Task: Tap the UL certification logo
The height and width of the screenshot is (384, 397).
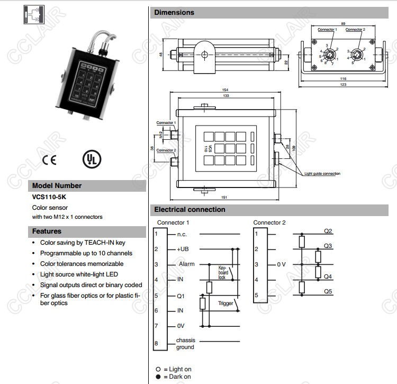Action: click(x=91, y=159)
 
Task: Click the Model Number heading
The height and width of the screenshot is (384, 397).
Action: click(x=57, y=186)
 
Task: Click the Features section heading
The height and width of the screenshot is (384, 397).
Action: click(x=47, y=231)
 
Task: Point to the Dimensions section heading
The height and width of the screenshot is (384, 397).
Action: click(x=174, y=12)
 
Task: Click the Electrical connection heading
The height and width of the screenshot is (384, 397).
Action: click(x=190, y=209)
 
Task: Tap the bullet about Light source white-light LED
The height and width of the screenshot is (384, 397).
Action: click(x=79, y=274)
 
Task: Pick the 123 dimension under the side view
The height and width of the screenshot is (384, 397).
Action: click(x=344, y=84)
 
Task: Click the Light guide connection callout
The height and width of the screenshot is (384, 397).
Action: click(x=322, y=174)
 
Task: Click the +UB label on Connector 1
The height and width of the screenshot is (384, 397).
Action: click(x=183, y=249)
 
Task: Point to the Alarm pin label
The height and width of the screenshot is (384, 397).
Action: click(x=187, y=264)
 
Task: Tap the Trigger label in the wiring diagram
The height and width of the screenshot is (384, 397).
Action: click(x=225, y=303)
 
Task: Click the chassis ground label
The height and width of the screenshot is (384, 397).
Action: click(x=185, y=344)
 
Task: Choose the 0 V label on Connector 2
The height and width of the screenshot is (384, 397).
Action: click(x=281, y=264)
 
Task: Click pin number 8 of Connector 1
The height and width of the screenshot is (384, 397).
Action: click(x=156, y=343)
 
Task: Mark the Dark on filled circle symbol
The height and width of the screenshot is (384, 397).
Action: click(x=158, y=377)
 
